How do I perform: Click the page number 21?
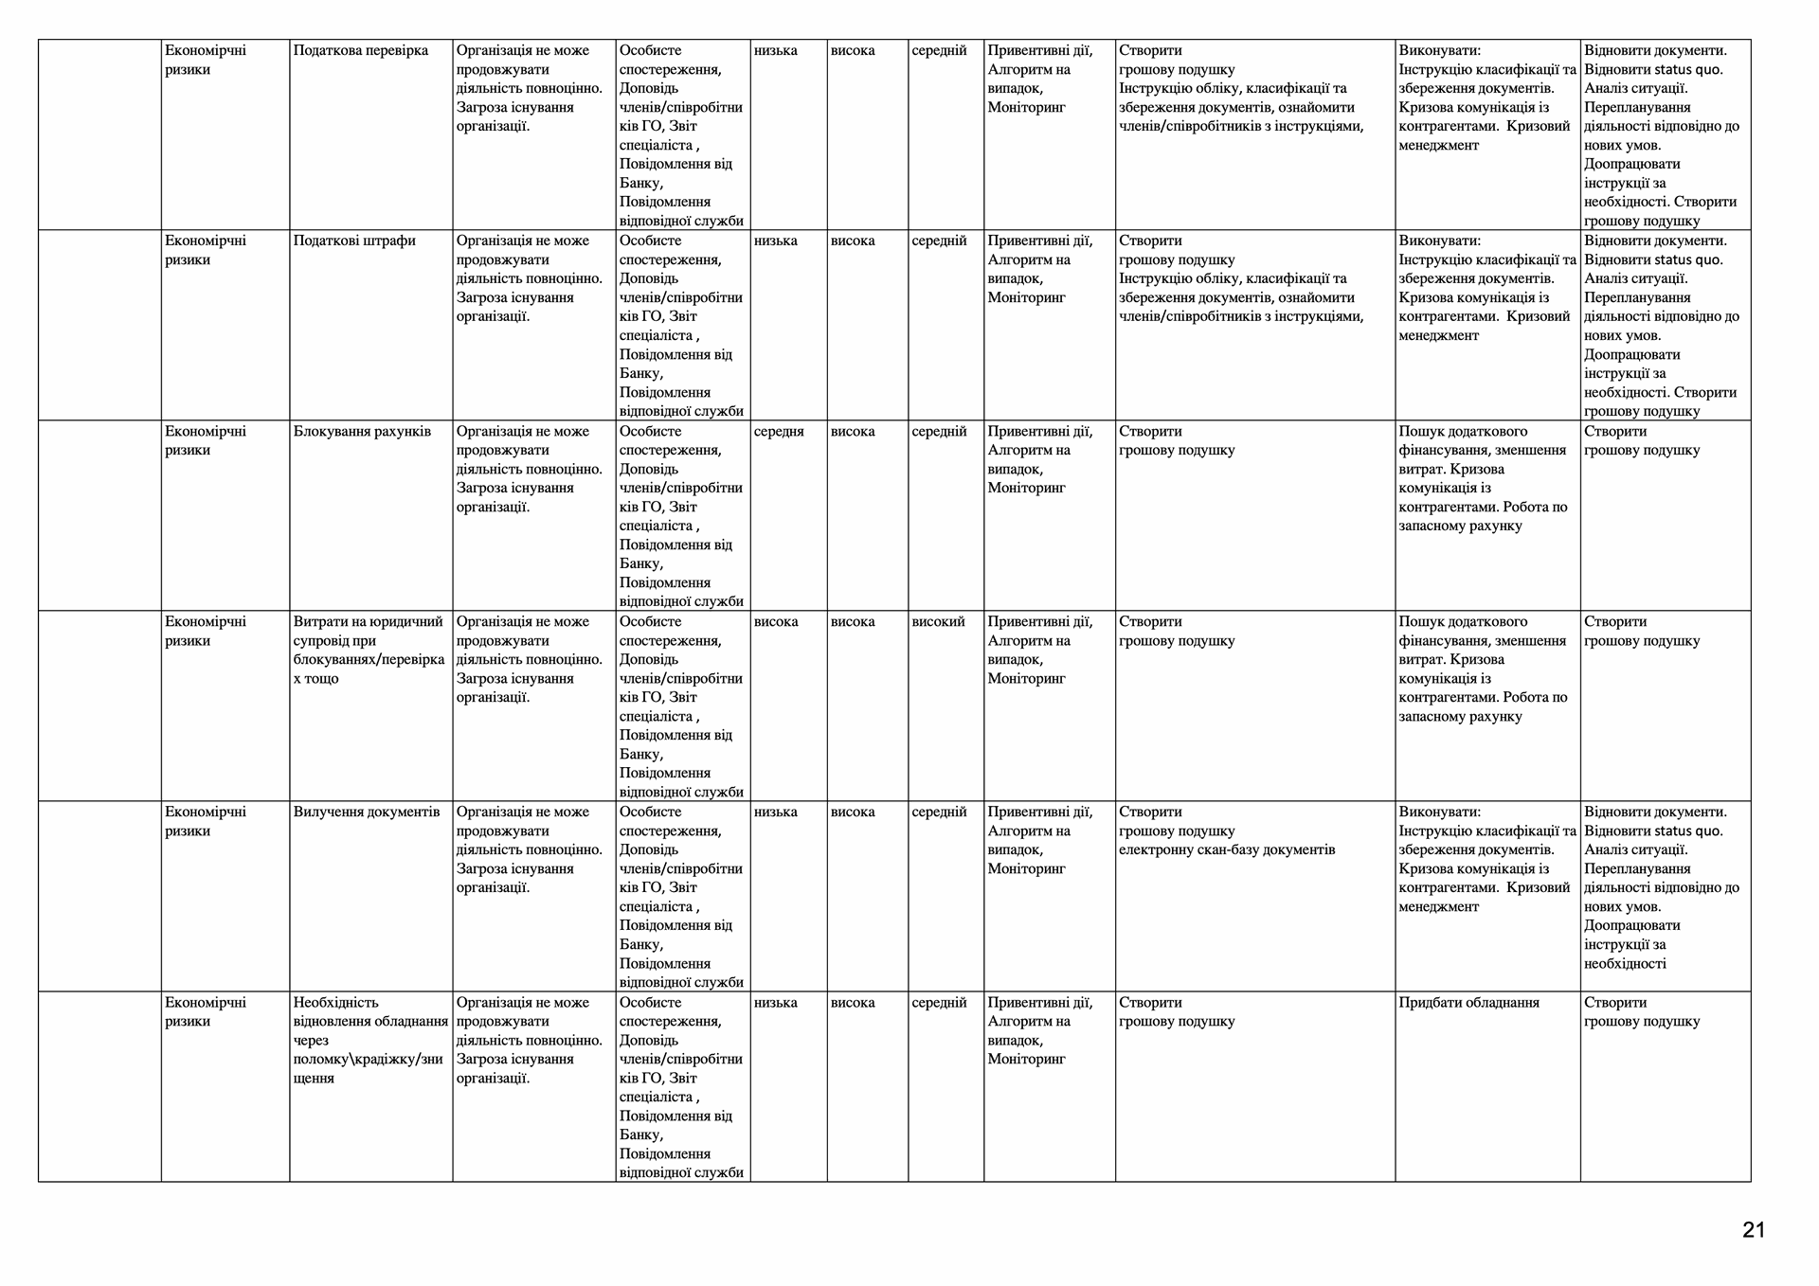point(1753,1230)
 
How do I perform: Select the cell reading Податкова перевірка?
point(361,51)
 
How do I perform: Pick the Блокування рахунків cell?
point(362,432)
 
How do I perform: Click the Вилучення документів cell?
point(367,813)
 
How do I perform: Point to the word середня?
point(779,432)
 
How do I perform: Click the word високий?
point(938,622)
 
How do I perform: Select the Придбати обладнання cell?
point(1468,1003)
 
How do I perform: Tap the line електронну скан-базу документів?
point(1227,850)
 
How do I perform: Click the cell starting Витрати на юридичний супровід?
point(369,651)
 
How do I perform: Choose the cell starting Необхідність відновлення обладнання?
point(370,1040)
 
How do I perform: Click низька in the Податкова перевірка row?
point(776,51)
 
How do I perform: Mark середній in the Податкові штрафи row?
point(939,241)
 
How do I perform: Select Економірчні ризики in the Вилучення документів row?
point(206,822)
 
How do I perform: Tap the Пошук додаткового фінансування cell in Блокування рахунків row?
point(1483,478)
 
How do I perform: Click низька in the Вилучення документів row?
point(776,813)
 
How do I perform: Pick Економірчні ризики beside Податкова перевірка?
point(206,61)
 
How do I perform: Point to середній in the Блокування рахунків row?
point(939,432)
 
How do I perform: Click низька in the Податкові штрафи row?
point(776,241)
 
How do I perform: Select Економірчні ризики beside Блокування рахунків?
point(206,441)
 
